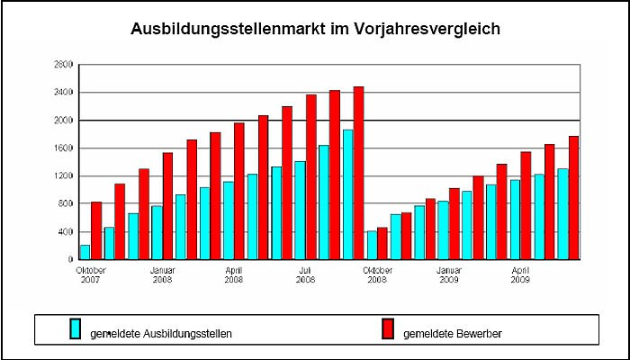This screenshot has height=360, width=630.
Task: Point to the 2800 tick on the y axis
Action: point(63,65)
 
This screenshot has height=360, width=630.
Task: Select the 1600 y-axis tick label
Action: point(63,148)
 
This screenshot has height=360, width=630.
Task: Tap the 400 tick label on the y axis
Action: point(66,232)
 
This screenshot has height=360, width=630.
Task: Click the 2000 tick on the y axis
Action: point(63,121)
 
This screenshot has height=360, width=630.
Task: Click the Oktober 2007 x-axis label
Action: point(91,274)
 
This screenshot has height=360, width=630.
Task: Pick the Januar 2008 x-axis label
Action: point(163,274)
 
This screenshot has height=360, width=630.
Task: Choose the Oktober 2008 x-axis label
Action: point(377,274)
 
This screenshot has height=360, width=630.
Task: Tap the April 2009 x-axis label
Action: point(520,274)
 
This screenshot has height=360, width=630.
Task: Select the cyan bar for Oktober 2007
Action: point(85,252)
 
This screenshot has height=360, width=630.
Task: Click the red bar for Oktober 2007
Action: point(96,230)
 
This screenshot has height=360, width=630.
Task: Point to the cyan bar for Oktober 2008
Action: point(371,245)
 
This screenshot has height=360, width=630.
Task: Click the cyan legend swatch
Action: point(76,329)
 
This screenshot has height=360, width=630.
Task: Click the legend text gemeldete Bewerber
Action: point(453,334)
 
